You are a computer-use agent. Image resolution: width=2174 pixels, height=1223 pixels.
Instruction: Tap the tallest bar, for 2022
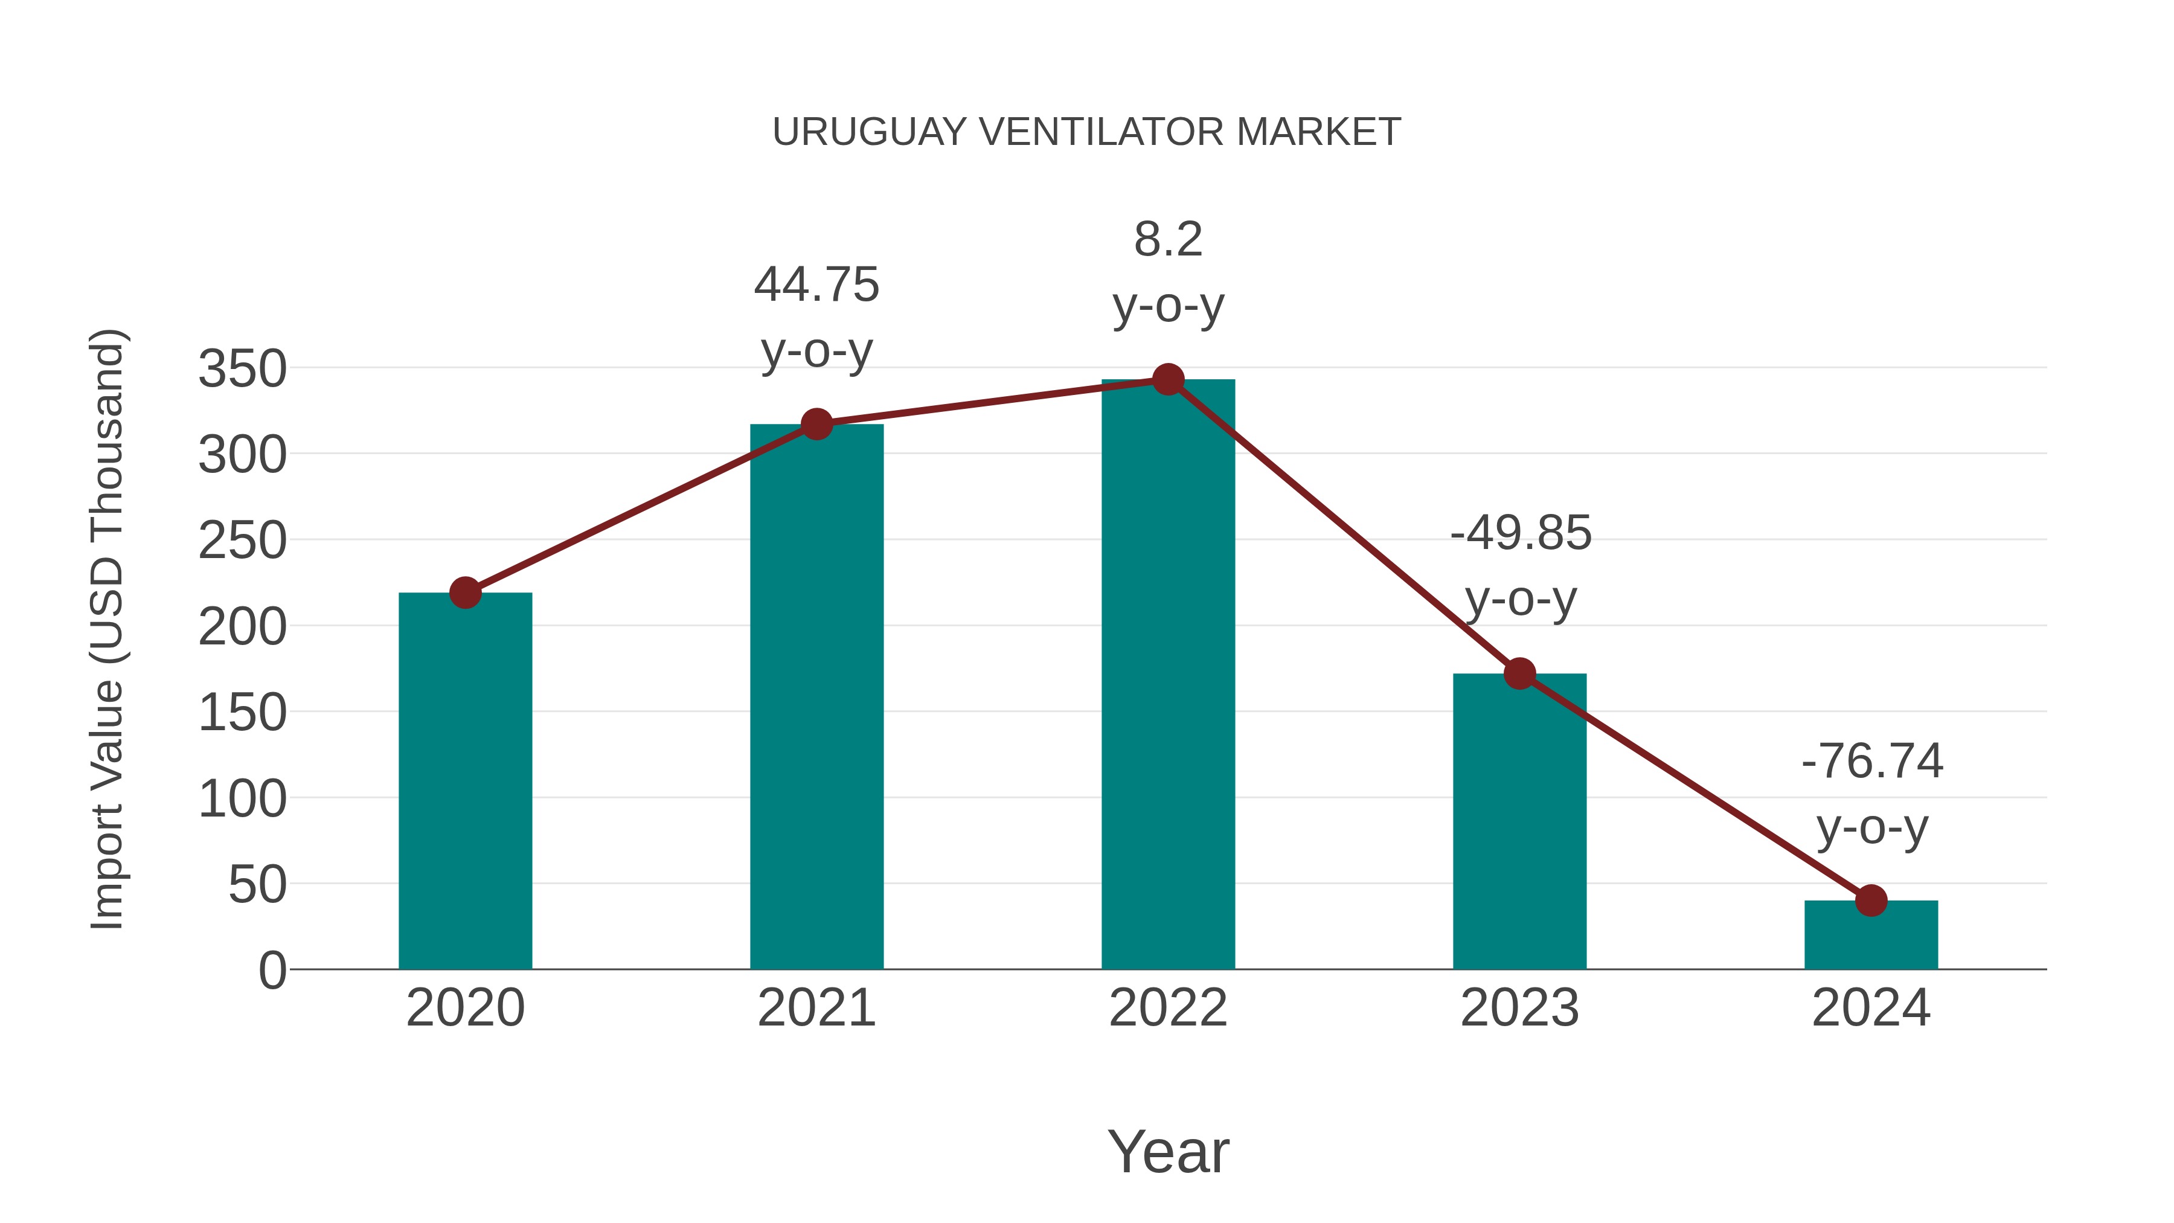[1168, 675]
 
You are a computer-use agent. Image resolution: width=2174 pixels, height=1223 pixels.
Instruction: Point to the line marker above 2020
[465, 592]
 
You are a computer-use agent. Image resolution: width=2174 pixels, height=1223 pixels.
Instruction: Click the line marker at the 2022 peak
[1168, 380]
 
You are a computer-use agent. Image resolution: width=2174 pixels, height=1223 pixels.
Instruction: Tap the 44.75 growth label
[816, 284]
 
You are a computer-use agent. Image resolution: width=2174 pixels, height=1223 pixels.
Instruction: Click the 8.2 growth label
[1168, 240]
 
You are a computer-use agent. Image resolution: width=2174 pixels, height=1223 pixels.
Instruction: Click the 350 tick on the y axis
[242, 369]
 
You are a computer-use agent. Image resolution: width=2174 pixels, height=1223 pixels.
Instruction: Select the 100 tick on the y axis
[242, 798]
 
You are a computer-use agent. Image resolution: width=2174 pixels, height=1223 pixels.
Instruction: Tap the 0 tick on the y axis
[272, 971]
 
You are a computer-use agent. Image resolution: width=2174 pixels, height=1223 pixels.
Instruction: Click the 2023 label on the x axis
[1519, 1008]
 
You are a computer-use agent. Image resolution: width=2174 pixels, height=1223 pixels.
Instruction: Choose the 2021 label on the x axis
[816, 1008]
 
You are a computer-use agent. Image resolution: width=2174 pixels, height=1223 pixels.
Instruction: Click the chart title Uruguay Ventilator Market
[1086, 132]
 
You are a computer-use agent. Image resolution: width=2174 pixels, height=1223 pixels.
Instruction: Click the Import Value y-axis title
[108, 629]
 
